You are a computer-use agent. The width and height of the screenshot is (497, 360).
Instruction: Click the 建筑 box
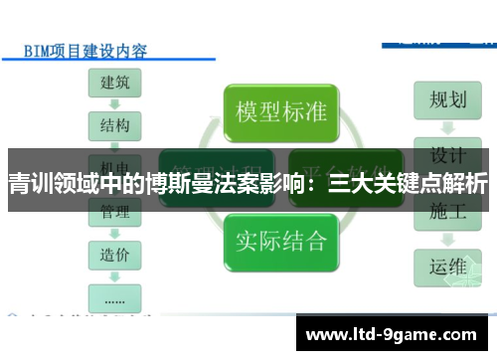coord(116,84)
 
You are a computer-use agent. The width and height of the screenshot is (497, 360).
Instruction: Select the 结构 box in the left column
coord(116,126)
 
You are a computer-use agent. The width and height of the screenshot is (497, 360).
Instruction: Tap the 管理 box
coord(116,212)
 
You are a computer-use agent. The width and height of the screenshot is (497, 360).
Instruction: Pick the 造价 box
coord(116,255)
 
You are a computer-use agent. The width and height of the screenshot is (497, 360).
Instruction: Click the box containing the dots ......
coord(116,296)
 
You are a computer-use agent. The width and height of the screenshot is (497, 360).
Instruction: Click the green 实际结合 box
coord(281,239)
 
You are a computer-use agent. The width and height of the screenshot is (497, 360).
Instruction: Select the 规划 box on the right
coord(447,99)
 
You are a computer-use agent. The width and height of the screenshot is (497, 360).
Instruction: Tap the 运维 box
coord(447,267)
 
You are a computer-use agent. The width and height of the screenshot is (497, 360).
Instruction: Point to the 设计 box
coord(447,155)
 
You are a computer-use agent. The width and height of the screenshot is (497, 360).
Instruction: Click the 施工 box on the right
coord(447,211)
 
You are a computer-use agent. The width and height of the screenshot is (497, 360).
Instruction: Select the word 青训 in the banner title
coord(30,184)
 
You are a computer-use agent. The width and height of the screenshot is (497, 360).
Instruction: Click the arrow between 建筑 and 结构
coord(116,104)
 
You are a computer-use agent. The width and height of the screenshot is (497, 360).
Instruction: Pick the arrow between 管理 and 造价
coord(116,234)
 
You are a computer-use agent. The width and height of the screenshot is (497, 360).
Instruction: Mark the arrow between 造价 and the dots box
coord(116,275)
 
